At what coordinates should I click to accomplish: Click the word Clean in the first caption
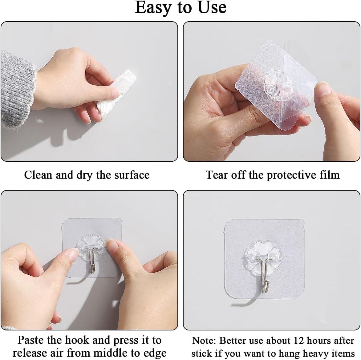point(39,175)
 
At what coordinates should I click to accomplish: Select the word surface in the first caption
point(132,175)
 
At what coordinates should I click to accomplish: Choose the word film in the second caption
point(329,175)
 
